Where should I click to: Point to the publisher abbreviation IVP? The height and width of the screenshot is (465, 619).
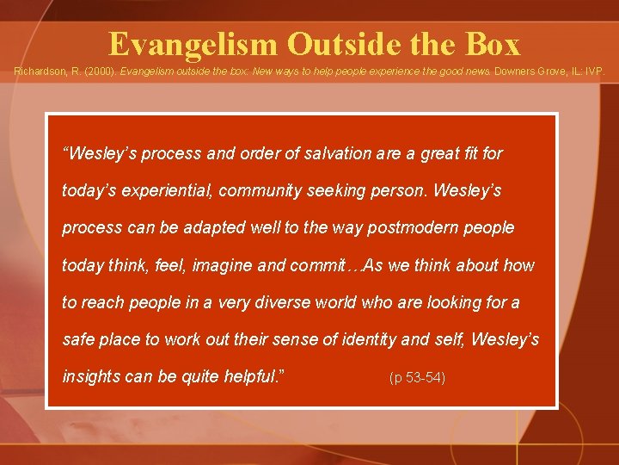[593, 74]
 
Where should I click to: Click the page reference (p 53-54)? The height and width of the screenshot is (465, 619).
[417, 378]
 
